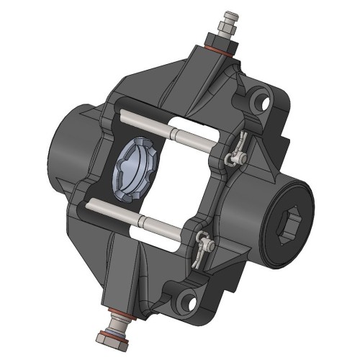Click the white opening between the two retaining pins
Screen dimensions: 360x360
[x=180, y=180]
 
